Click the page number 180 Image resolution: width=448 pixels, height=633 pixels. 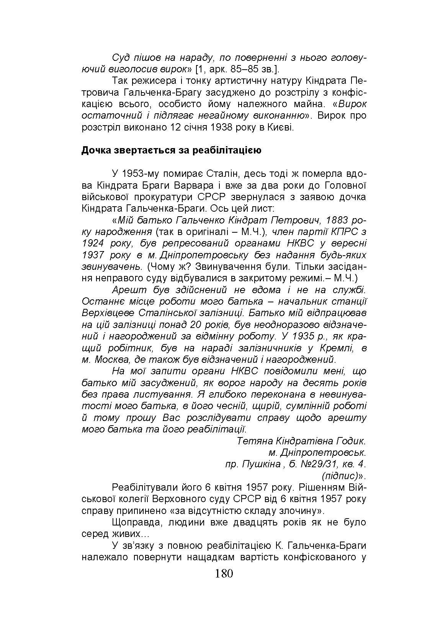(x=224, y=573)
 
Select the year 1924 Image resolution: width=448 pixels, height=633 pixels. (x=93, y=243)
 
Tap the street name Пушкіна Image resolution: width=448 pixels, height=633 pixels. (x=262, y=464)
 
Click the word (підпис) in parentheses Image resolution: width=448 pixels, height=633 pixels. (x=339, y=476)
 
